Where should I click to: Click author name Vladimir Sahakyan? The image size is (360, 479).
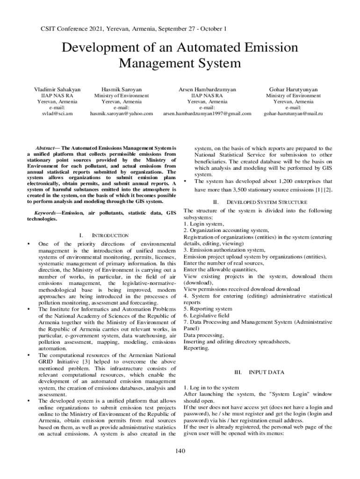point(57,89)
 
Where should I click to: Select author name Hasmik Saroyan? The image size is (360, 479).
point(121,89)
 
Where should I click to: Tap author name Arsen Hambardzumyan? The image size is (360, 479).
point(207,89)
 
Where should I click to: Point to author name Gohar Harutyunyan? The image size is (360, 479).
point(293,89)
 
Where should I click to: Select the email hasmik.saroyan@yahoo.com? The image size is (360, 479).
point(121,113)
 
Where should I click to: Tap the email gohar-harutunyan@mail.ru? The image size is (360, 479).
point(293,113)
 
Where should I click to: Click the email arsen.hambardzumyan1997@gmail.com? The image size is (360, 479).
point(207,113)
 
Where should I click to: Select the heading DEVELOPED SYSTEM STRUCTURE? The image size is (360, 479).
point(266,202)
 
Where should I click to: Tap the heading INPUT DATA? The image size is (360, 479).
point(266,372)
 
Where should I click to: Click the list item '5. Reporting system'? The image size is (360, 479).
point(208,309)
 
